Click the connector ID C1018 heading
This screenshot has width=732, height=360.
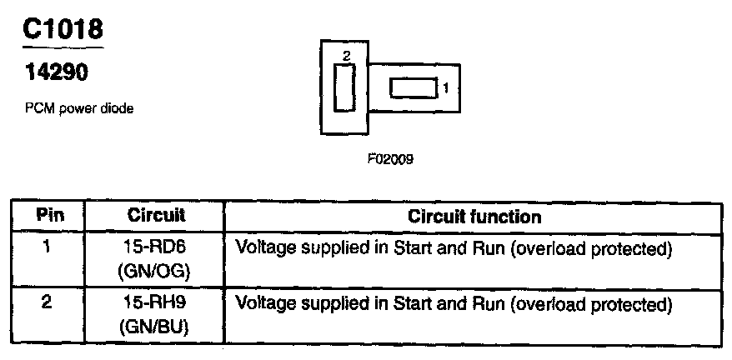click(63, 30)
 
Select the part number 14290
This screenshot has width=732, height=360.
click(55, 72)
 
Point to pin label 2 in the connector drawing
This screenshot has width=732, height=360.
click(347, 55)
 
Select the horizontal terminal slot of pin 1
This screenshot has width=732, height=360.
click(413, 87)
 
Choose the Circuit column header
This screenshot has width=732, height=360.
click(156, 216)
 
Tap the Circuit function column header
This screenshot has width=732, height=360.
click(474, 217)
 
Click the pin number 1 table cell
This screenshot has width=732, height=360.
click(48, 247)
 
